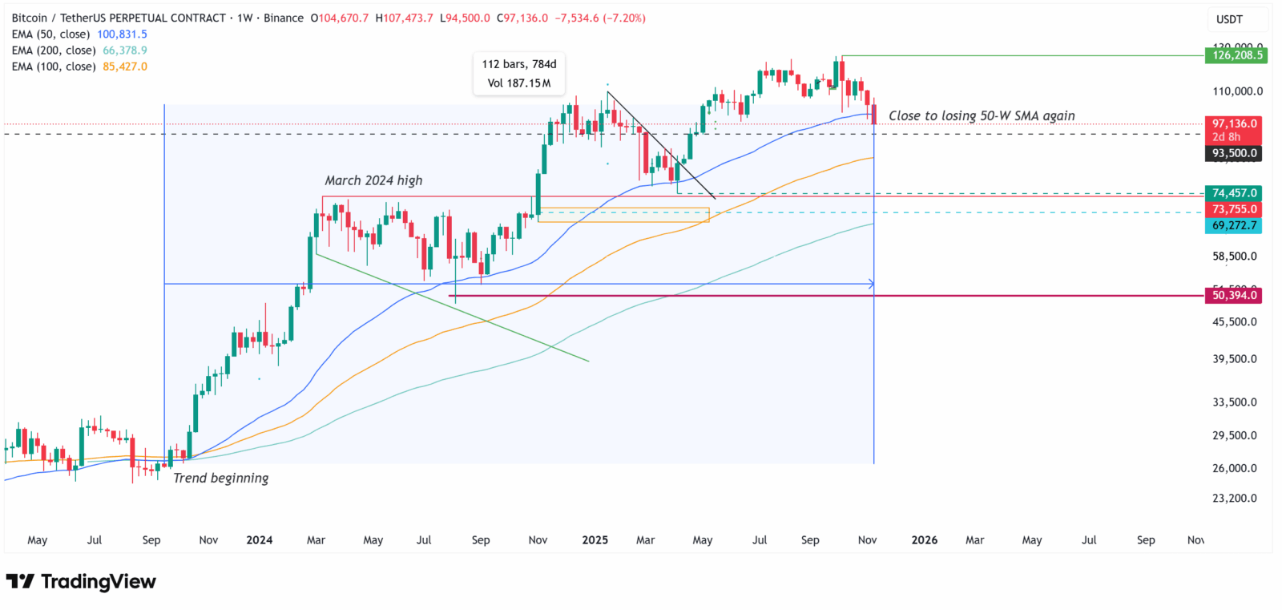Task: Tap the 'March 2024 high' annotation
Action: pos(373,180)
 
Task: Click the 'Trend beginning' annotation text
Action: pos(221,478)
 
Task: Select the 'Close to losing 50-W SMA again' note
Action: pos(982,115)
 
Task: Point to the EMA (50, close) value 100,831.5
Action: pos(122,34)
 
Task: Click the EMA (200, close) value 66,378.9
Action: pos(124,50)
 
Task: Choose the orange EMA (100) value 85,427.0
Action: pos(124,67)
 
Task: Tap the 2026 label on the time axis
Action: pos(924,540)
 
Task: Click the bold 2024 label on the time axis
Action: pos(259,540)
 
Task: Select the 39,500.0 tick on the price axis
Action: pos(1234,359)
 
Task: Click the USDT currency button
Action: pos(1229,19)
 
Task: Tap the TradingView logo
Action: pos(81,581)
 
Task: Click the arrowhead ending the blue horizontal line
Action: pos(871,284)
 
